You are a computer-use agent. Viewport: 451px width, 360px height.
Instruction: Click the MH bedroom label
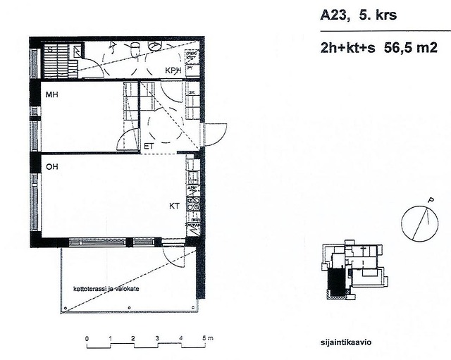click(51, 94)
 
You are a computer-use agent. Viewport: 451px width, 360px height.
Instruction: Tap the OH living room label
click(51, 168)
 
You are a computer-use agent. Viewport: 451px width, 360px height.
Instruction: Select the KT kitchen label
click(174, 206)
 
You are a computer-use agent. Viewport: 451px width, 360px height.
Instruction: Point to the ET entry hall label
click(149, 147)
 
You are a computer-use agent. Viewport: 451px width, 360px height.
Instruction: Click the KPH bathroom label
click(173, 71)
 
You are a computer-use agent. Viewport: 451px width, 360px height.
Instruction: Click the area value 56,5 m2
click(412, 49)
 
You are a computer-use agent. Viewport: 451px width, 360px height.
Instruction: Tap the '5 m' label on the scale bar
click(206, 340)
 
